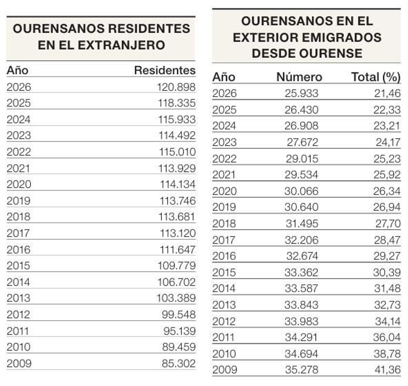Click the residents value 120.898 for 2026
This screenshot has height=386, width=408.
176,87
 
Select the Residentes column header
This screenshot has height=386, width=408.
165,70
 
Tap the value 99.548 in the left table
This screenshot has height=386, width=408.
178,314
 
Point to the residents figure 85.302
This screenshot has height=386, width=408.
178,363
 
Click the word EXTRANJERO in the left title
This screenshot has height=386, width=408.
121,45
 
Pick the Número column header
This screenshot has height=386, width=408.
299,77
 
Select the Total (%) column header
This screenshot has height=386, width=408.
376,77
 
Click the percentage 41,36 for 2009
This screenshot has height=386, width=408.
387,370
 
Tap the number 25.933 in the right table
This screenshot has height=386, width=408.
301,93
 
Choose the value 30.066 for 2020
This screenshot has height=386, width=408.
301,191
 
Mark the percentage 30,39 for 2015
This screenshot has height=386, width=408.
387,272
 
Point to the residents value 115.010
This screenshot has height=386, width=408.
177,152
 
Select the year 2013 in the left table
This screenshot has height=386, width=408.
18,298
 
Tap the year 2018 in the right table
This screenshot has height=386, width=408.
224,224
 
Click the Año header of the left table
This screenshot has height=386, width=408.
17,70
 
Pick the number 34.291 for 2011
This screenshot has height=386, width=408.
301,337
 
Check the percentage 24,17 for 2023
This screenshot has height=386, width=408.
388,142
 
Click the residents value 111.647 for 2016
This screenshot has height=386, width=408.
177,250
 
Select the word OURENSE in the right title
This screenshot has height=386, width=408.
331,54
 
